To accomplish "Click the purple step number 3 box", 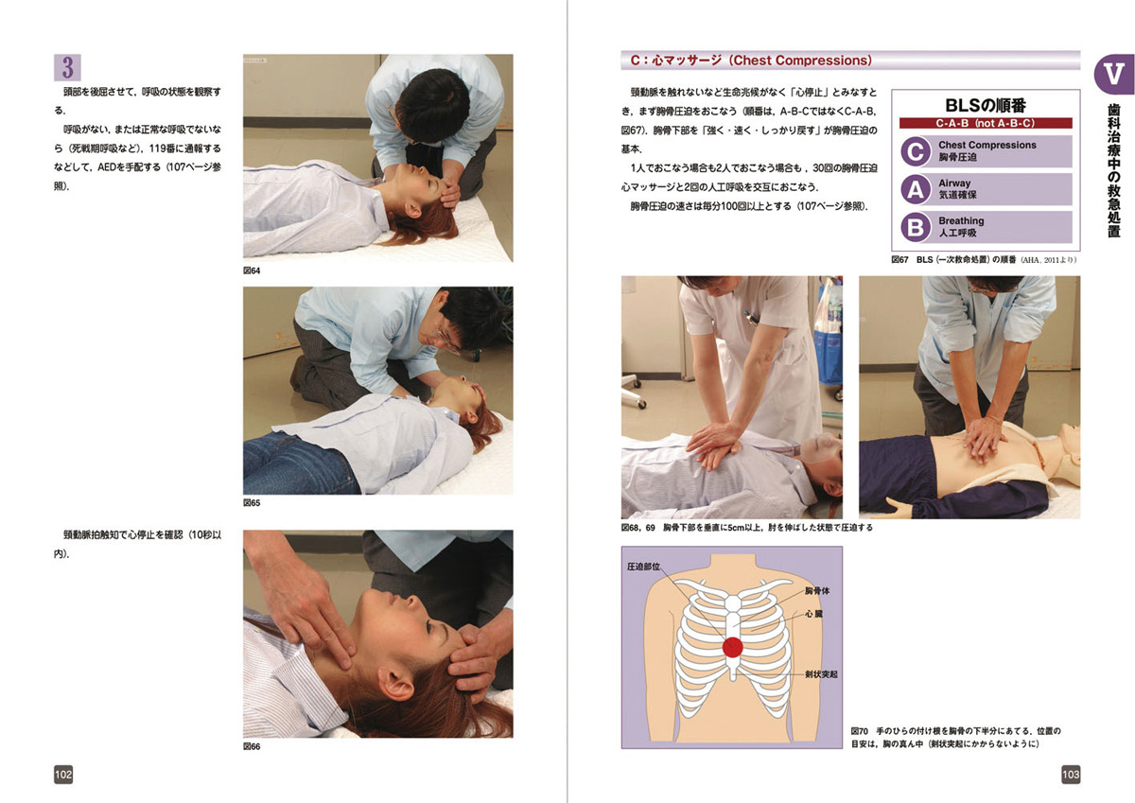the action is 67,67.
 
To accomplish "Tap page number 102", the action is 63,774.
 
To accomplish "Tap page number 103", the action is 1071,774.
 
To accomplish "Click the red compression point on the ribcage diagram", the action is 733,647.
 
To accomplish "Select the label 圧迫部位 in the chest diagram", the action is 643,567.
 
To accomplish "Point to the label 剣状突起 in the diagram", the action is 821,674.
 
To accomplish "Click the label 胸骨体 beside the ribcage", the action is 817,591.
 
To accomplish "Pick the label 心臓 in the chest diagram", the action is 813,614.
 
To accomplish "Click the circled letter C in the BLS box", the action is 916,151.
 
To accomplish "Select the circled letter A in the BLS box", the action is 916,189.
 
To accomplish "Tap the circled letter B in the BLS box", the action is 916,227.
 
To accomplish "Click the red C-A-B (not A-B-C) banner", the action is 986,123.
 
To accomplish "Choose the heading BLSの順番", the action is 986,105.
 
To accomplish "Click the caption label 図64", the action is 252,271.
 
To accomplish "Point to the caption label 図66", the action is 252,746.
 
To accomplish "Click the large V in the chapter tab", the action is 1114,74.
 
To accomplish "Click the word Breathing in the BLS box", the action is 961,221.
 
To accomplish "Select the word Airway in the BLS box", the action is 954,183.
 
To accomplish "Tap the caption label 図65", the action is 252,502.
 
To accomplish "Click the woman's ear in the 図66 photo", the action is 396,684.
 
